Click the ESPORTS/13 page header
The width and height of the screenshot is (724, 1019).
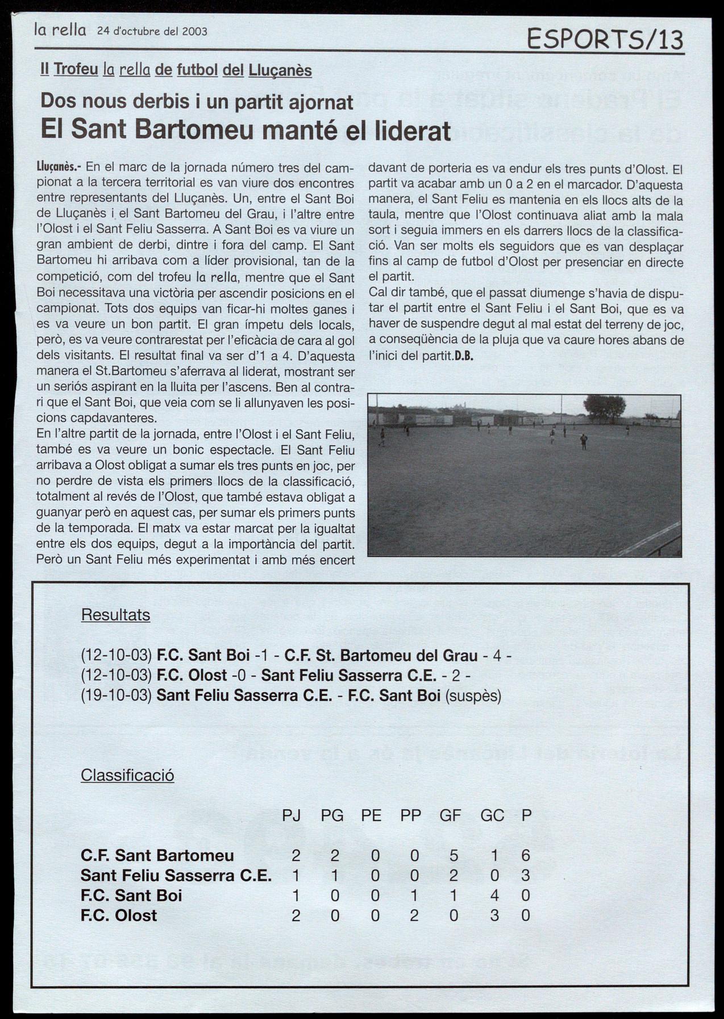(x=605, y=40)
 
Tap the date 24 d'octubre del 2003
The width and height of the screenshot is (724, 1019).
(x=152, y=31)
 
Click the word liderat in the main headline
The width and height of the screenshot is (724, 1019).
(x=411, y=130)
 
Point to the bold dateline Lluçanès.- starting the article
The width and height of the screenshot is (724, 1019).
(x=59, y=167)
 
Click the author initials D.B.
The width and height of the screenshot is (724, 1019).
(x=464, y=357)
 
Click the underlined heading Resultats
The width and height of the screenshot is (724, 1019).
(x=115, y=615)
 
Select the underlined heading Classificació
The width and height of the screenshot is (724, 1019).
(x=127, y=775)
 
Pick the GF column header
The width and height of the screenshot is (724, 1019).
(x=450, y=815)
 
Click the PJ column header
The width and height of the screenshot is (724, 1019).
(x=292, y=815)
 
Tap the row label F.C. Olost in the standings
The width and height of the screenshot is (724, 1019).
(x=119, y=915)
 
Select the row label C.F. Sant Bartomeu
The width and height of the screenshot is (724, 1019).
(x=157, y=855)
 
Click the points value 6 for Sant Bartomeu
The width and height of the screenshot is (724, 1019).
(x=526, y=855)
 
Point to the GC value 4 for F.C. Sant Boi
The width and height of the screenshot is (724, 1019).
(x=494, y=896)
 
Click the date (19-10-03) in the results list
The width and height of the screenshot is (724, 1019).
(x=116, y=696)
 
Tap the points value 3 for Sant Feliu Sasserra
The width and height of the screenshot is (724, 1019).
(x=526, y=875)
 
